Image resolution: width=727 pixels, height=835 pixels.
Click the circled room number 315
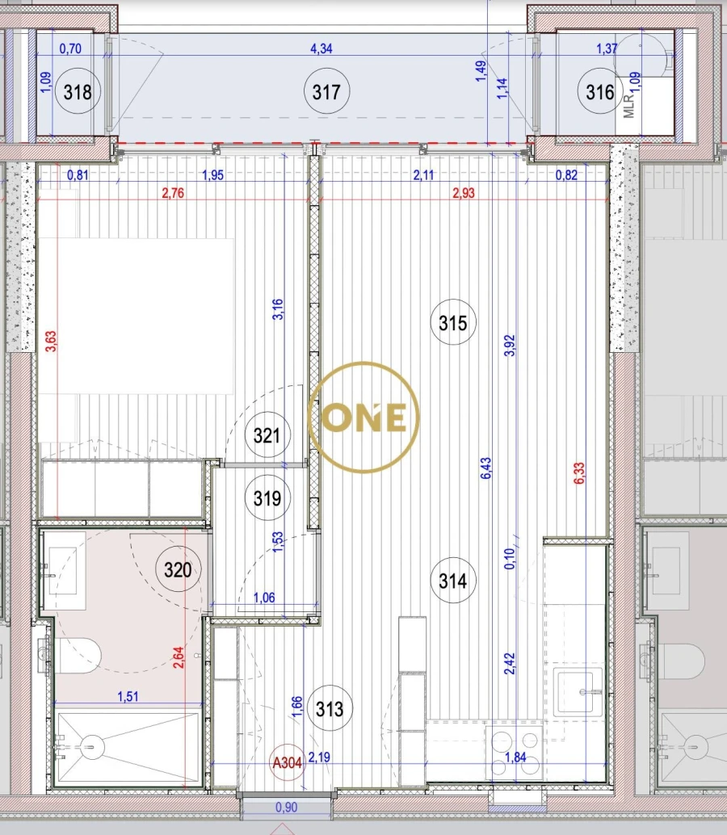tap(453, 323)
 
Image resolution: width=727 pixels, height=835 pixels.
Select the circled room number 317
tap(326, 92)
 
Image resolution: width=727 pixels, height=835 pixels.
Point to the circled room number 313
tap(330, 710)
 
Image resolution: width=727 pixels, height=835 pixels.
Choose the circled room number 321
tap(267, 436)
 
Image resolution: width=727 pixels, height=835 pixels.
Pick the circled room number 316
tap(600, 92)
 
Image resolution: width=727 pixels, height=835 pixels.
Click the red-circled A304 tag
tap(288, 762)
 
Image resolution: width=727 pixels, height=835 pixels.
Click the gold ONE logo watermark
tap(364, 417)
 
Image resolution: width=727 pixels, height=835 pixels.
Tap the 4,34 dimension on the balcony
tap(321, 49)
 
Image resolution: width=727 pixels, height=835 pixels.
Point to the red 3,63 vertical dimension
tap(51, 353)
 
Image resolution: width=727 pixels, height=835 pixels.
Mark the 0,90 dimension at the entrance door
tap(286, 807)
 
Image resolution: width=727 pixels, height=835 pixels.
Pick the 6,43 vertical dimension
tap(485, 470)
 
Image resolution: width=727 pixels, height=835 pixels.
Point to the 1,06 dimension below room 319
tap(265, 598)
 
